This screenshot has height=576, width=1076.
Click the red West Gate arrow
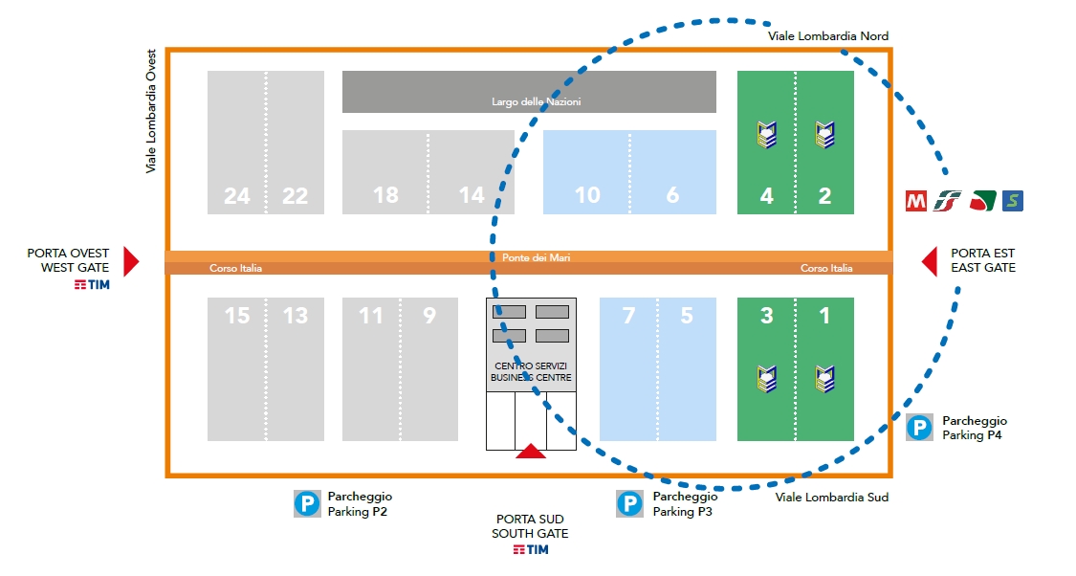click(x=131, y=261)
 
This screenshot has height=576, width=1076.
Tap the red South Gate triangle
click(x=531, y=451)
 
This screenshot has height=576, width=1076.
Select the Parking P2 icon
click(x=307, y=504)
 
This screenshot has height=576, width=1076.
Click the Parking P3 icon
click(x=629, y=504)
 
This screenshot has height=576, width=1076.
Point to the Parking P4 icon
click(x=919, y=428)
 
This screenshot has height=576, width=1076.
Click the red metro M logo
click(x=916, y=201)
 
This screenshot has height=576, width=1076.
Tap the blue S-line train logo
click(x=1013, y=201)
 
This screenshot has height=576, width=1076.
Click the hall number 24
click(x=237, y=196)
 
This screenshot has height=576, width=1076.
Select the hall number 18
click(x=385, y=195)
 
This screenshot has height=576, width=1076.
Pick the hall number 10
click(x=587, y=195)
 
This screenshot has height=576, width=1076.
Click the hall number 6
click(x=672, y=195)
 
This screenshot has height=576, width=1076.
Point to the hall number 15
click(x=237, y=316)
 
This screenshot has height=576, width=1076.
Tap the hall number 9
click(x=429, y=316)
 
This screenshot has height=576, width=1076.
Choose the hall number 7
click(x=628, y=316)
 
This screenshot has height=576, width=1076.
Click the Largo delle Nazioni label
click(x=536, y=101)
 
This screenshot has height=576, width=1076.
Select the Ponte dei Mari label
click(x=536, y=257)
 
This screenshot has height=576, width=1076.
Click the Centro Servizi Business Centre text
click(x=531, y=371)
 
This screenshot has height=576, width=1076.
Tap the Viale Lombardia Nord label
click(x=827, y=36)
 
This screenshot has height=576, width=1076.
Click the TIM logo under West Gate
click(x=92, y=285)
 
